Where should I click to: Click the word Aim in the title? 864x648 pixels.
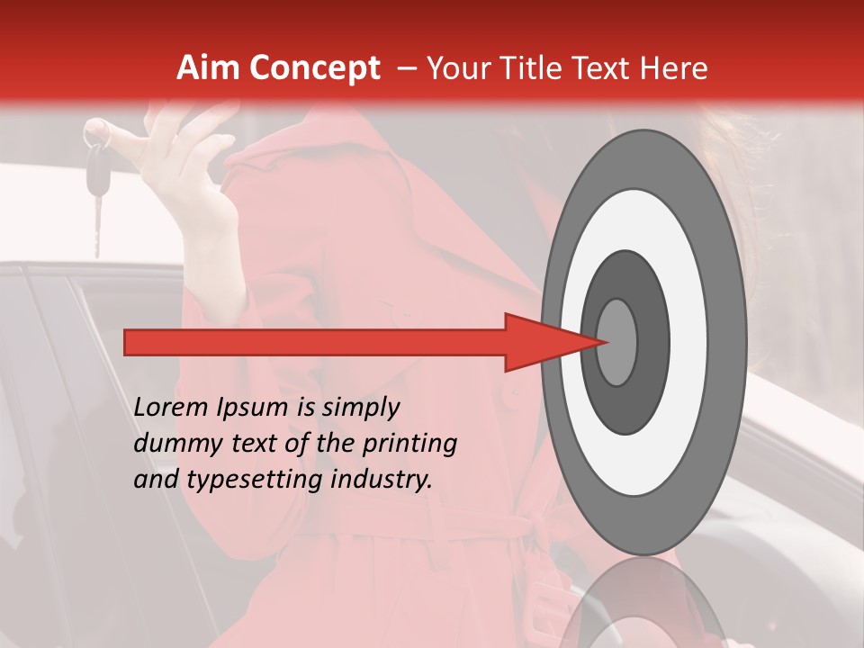coord(209,68)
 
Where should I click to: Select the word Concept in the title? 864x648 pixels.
coord(313,68)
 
